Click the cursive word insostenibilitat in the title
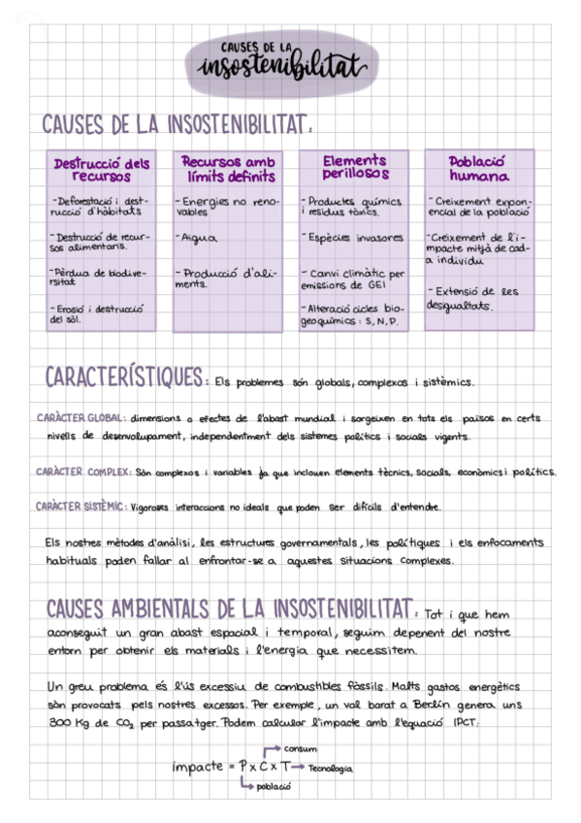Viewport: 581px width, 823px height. [280, 67]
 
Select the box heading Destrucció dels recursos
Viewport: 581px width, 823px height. [101, 169]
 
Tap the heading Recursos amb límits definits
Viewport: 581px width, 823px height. [228, 169]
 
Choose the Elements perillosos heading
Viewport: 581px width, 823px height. [354, 167]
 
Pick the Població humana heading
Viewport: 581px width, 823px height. [479, 169]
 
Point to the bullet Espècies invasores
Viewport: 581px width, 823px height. [354, 237]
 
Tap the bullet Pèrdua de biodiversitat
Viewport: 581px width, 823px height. [97, 278]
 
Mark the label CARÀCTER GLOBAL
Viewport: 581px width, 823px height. [78, 418]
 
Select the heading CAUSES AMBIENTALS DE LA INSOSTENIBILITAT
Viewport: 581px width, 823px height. [229, 609]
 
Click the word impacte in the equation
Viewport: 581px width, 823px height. [198, 767]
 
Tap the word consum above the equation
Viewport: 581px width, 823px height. [301, 749]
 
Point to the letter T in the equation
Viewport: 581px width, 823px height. [285, 767]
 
